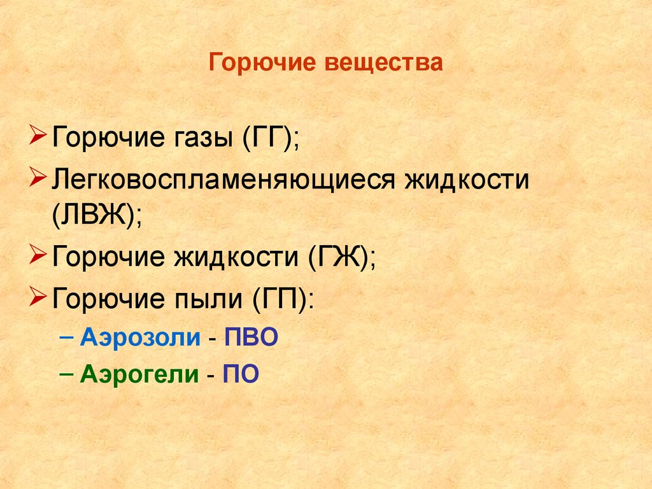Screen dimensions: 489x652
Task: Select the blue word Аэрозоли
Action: tap(140, 337)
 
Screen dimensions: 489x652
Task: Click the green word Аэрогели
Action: tap(139, 374)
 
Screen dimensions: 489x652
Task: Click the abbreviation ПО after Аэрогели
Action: tap(241, 374)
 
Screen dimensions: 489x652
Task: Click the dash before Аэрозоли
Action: tap(69, 337)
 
